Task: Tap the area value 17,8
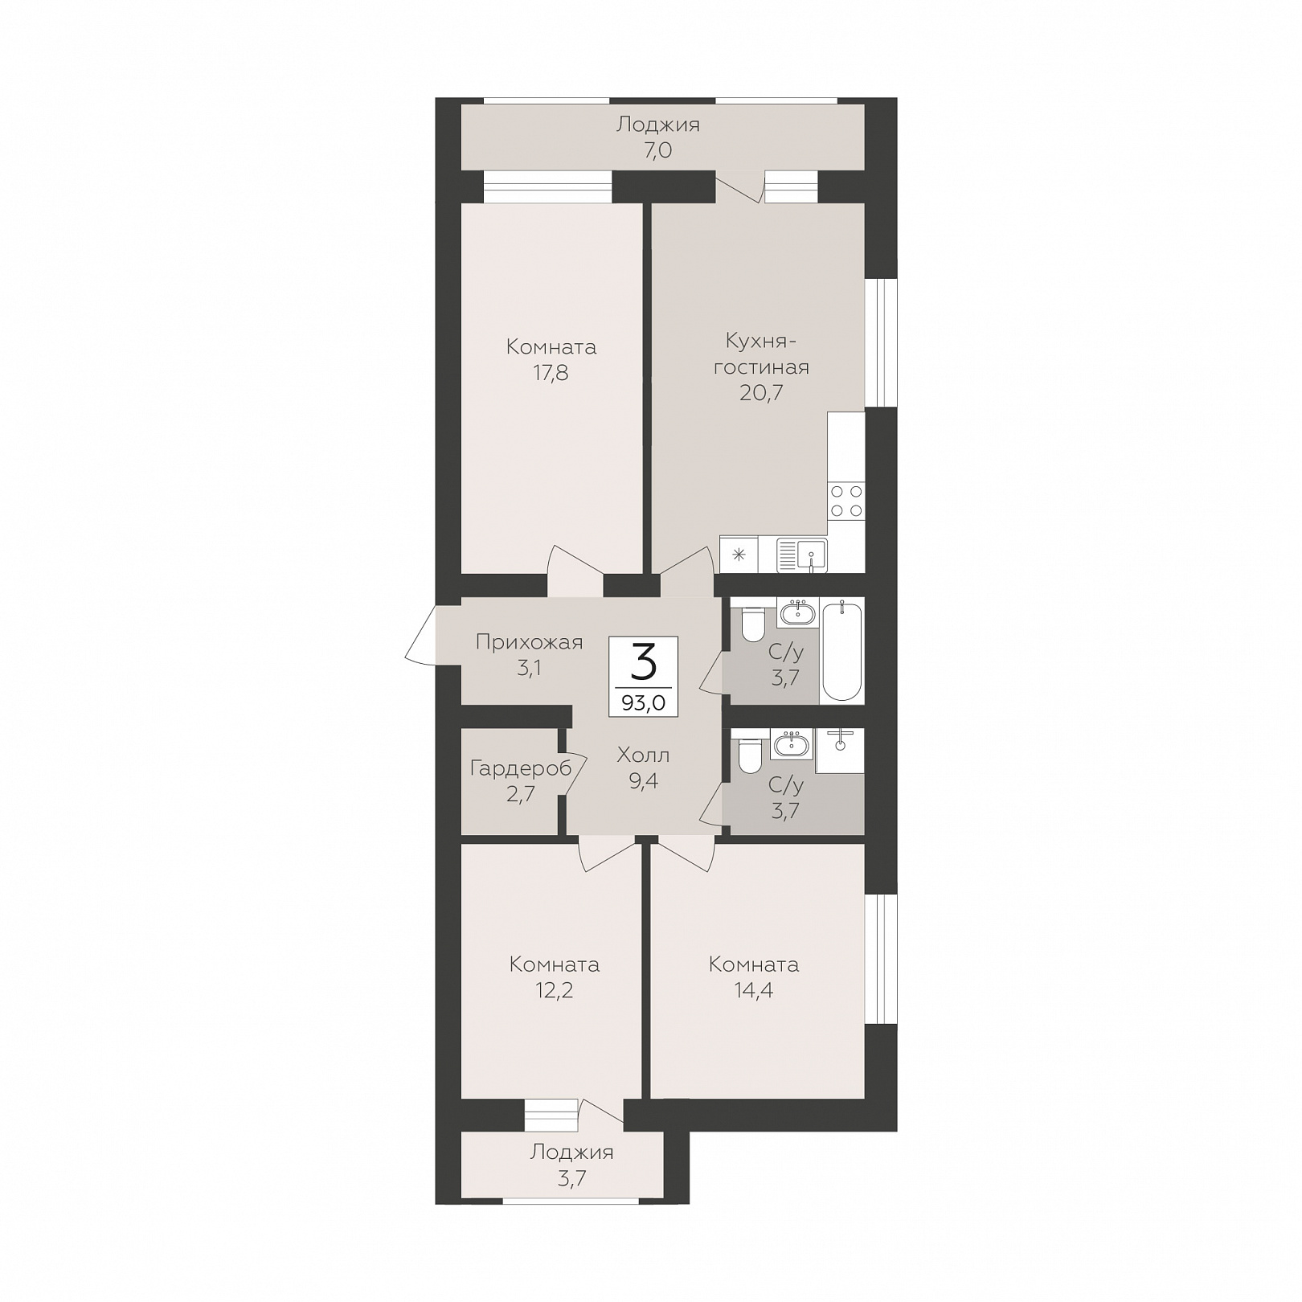point(551,373)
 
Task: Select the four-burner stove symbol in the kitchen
point(846,501)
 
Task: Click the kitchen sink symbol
point(801,555)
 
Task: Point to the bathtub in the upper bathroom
point(841,651)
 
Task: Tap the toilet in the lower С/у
point(751,756)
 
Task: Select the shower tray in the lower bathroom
point(840,751)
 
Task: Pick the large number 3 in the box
point(644,663)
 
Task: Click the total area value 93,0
point(643,702)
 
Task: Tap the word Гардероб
point(520,769)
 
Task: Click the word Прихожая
point(529,642)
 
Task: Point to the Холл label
point(644,755)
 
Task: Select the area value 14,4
point(753,990)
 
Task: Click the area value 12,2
point(554,990)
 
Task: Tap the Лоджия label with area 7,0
point(657,125)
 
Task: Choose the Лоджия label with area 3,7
point(571,1153)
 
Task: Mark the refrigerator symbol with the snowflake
point(739,555)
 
